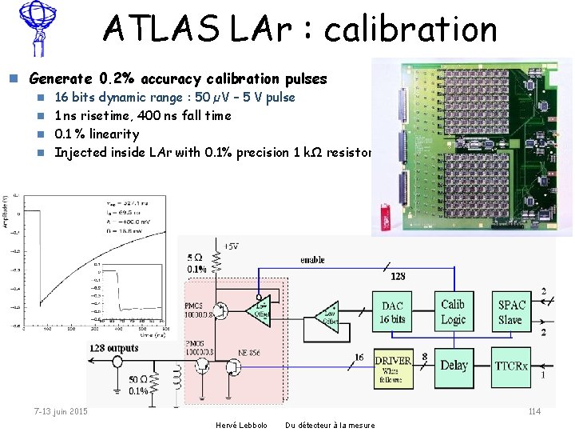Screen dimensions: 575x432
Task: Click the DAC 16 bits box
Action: click(392, 313)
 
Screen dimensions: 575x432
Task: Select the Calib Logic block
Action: click(453, 312)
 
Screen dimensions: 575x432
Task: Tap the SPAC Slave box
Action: click(511, 312)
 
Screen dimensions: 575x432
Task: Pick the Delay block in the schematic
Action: click(454, 365)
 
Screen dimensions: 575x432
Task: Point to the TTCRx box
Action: click(511, 366)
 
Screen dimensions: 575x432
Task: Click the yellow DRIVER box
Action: click(393, 365)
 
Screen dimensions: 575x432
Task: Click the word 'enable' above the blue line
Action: click(312, 260)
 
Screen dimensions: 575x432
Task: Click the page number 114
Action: click(534, 411)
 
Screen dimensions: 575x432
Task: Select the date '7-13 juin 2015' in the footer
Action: click(61, 411)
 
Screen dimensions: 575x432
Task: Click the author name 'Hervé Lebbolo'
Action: click(241, 425)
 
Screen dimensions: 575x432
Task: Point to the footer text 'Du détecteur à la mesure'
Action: click(330, 425)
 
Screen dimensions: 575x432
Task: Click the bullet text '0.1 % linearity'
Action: click(97, 134)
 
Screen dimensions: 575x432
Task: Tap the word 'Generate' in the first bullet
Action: click(61, 78)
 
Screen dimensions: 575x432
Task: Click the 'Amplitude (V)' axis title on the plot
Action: click(5, 210)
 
